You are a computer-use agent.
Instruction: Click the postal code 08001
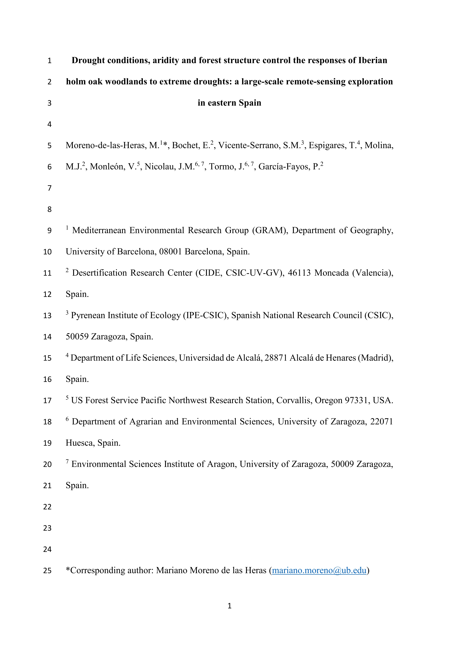[x=170, y=252]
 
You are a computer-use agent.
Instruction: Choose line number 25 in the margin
[x=48, y=571]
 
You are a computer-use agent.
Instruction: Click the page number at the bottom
[x=229, y=606]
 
